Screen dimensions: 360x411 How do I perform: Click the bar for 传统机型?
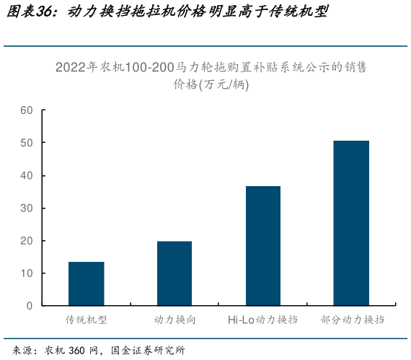86,284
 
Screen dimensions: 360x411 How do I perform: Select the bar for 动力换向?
174,273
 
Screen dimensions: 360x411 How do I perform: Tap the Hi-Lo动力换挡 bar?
262,246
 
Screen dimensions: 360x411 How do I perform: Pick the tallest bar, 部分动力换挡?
351,223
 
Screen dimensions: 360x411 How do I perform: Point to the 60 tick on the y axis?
27,110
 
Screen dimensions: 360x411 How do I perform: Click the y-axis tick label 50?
27,143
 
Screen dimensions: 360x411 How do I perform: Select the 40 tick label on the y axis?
27,175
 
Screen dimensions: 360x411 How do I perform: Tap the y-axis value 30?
27,208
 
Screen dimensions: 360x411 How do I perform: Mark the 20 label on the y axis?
27,241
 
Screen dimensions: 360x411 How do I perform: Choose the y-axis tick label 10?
27,273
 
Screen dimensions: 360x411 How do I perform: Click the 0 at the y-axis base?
30,306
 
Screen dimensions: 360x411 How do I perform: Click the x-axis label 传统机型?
87,320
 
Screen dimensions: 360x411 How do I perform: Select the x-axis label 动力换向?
174,320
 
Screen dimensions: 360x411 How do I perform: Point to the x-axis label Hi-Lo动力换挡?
262,320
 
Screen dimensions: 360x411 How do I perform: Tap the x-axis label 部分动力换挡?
351,320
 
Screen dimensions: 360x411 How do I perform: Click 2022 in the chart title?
71,68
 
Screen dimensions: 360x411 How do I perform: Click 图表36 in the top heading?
31,13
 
